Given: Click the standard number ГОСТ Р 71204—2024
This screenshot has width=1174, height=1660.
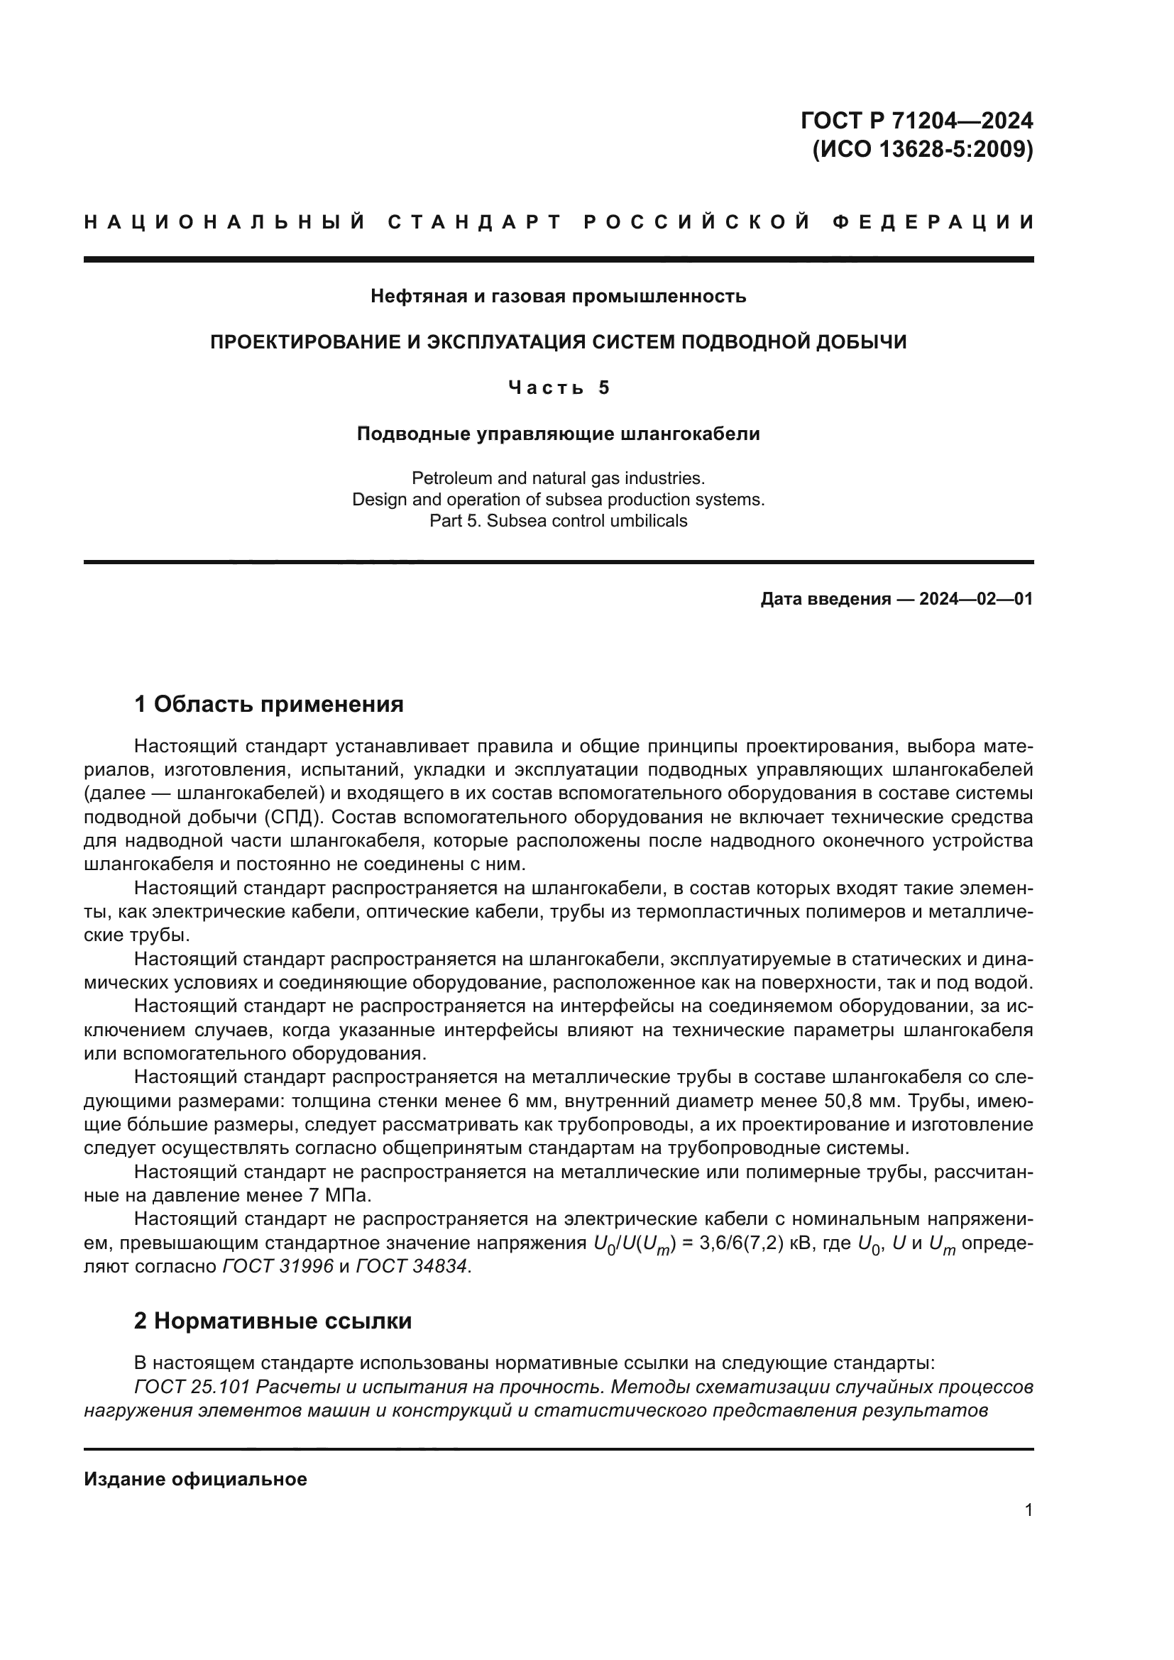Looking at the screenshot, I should (x=916, y=121).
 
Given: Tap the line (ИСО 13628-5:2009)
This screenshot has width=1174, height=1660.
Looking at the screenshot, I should (x=923, y=149).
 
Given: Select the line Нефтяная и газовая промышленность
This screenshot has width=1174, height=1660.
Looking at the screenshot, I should (x=558, y=296).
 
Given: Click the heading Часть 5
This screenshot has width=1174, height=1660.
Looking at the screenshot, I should (x=559, y=388).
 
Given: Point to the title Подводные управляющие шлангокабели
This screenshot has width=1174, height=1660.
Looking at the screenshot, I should (x=558, y=434).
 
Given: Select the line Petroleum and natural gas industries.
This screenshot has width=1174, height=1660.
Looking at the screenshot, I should (x=558, y=478).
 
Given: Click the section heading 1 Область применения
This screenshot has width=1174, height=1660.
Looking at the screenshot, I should (x=269, y=704).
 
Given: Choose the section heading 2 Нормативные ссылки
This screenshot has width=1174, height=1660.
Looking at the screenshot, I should (x=273, y=1321).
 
